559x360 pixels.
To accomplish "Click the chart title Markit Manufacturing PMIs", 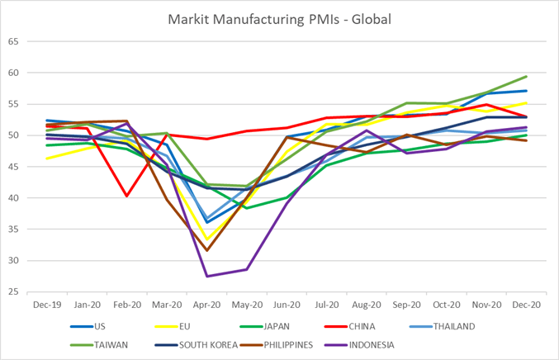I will (279, 17).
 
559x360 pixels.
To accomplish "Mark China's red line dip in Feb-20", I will (126, 196).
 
